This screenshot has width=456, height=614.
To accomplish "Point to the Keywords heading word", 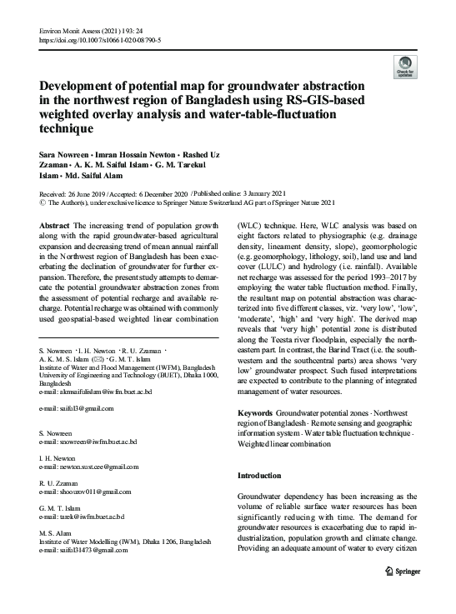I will pos(256,413).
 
